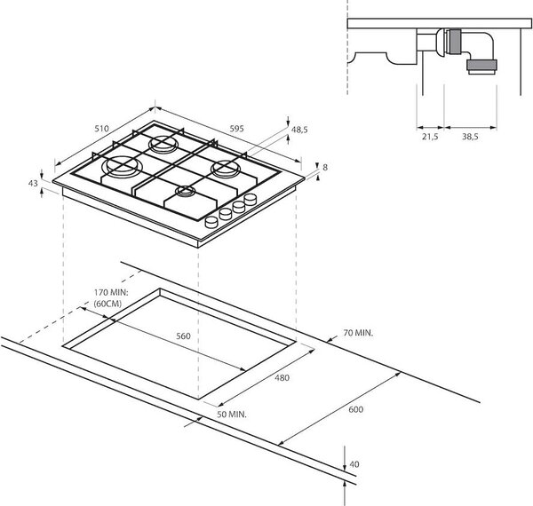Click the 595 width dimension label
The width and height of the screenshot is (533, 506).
click(x=236, y=129)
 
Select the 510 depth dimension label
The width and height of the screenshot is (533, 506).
click(x=101, y=129)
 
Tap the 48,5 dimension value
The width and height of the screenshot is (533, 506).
click(x=299, y=130)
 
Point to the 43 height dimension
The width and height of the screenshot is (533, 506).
click(x=33, y=184)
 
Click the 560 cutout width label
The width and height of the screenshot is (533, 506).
click(x=183, y=336)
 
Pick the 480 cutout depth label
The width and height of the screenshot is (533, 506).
click(x=282, y=377)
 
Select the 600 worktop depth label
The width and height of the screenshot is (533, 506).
click(x=356, y=409)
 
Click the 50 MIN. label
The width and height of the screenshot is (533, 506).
click(x=232, y=415)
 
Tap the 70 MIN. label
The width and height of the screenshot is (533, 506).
click(x=358, y=333)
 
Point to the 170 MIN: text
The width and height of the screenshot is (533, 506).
click(x=111, y=292)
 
